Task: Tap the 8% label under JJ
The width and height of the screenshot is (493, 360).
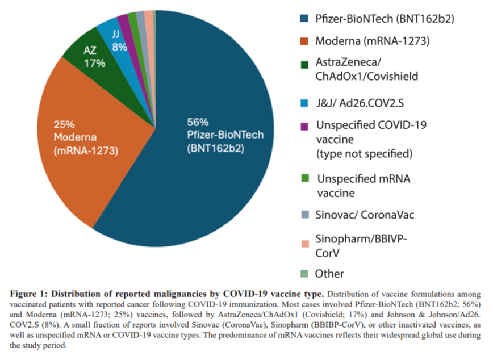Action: pos(119,48)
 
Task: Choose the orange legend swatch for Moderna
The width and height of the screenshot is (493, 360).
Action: pos(304,41)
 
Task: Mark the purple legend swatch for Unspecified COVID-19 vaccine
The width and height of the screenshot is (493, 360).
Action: pos(304,125)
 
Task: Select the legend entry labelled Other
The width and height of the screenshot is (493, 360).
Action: pos(329,273)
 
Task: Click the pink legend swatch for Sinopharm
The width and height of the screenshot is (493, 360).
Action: pos(304,244)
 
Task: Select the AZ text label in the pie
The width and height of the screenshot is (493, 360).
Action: pos(90,51)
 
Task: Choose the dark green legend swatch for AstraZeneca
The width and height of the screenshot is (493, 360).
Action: pos(304,62)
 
